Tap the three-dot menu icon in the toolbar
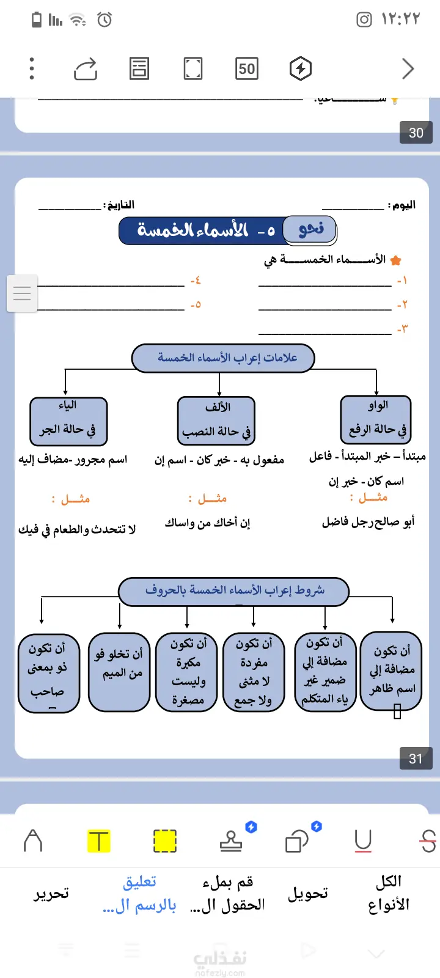coord(32,68)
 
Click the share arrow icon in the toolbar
coord(86,69)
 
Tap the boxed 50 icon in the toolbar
coord(247,68)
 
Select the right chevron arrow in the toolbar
coord(408,68)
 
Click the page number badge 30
coord(416,133)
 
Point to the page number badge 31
coord(416,759)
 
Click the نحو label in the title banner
coord(310,230)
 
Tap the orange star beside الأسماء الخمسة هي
coord(395,260)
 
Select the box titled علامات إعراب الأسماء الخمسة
coord(223,358)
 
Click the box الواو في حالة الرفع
coord(376,419)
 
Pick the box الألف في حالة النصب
coord(216,421)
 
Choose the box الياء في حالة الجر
coord(68,421)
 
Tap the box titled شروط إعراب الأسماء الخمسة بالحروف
coord(233,591)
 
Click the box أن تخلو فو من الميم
coord(119,672)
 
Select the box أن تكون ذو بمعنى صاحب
coord(49,673)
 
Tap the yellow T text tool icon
coord(98,841)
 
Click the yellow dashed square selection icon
coord(164,841)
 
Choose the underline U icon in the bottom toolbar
coord(363,841)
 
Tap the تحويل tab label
coord(308,894)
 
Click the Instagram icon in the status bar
coord(364,20)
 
